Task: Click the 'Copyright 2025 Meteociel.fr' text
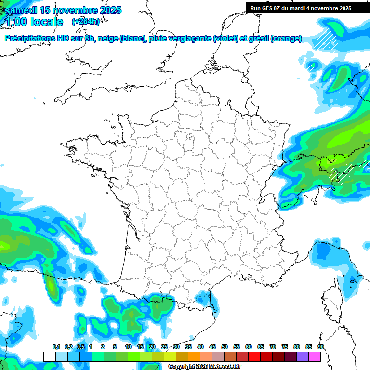tap(204, 367)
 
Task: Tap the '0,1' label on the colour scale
tap(56, 347)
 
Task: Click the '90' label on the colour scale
tap(321, 347)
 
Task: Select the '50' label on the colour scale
tap(225, 347)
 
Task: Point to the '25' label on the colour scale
tap(164, 347)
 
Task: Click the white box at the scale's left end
tap(49, 357)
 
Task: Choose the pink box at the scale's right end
tap(315, 357)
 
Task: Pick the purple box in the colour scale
tap(303, 357)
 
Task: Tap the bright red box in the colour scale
tap(254, 357)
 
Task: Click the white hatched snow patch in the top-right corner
tap(325, 39)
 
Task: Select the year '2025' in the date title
tap(108, 10)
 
